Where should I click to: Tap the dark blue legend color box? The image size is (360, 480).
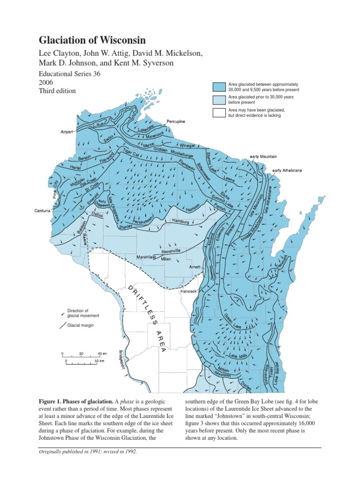pyautogui.click(x=219, y=87)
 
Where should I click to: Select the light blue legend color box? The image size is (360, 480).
pyautogui.click(x=219, y=99)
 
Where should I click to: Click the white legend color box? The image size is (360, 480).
pyautogui.click(x=219, y=112)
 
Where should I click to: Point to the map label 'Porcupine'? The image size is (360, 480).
pyautogui.click(x=176, y=121)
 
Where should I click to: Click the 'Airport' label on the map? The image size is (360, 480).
pyautogui.click(x=67, y=132)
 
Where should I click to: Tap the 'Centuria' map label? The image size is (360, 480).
pyautogui.click(x=42, y=210)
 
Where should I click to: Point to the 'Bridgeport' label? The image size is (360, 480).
pyautogui.click(x=123, y=359)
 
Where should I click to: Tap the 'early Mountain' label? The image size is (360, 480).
pyautogui.click(x=263, y=156)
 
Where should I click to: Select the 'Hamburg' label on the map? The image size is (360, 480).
pyautogui.click(x=180, y=221)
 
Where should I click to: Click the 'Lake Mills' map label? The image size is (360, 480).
pyautogui.click(x=238, y=357)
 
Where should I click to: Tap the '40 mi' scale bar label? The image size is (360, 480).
pyautogui.click(x=102, y=353)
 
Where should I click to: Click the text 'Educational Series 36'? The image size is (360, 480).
pyautogui.click(x=69, y=74)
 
